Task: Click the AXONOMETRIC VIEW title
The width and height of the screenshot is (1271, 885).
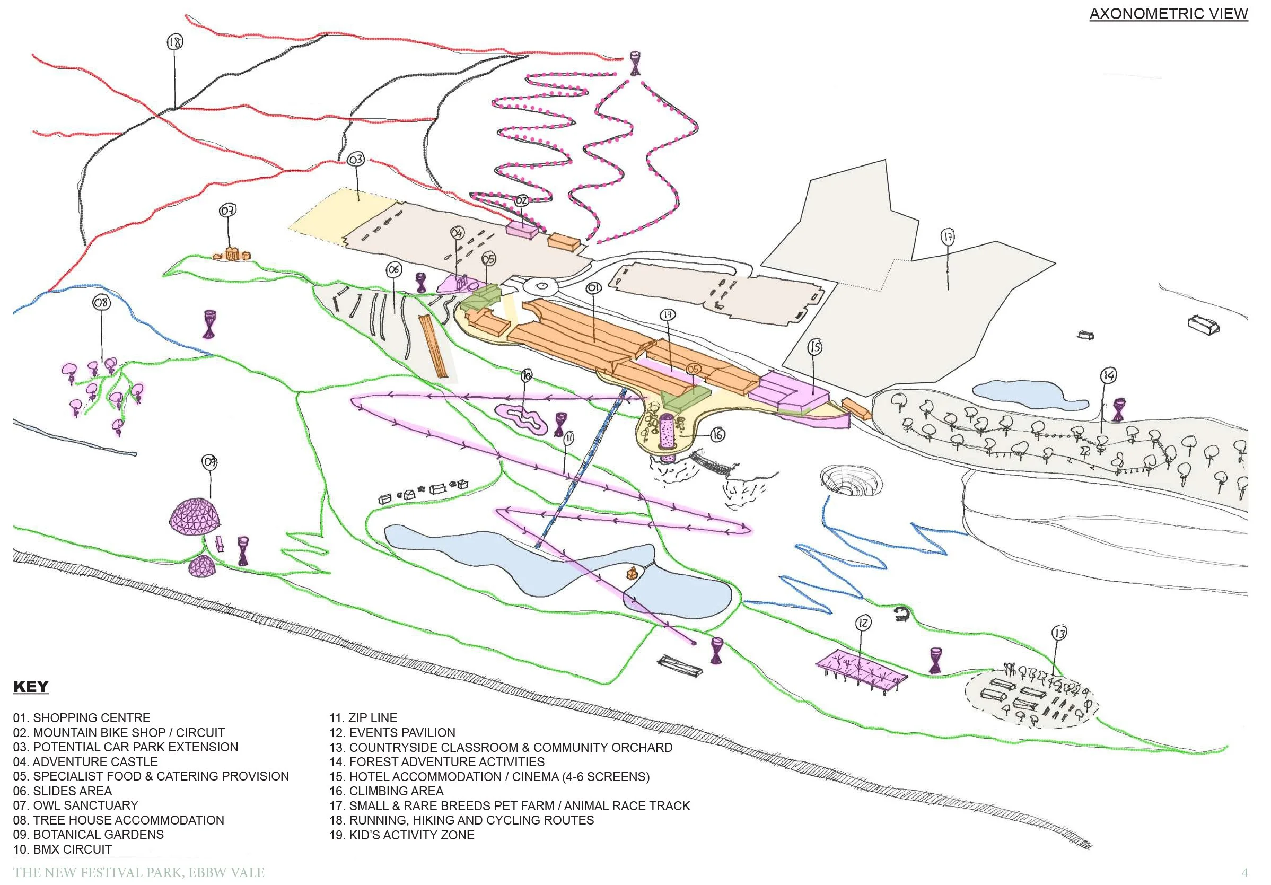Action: (x=1168, y=14)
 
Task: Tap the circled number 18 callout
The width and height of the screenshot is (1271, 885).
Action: (x=175, y=42)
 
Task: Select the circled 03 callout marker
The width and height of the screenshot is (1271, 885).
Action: (x=356, y=160)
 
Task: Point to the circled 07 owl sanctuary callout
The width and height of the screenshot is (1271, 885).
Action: (x=228, y=211)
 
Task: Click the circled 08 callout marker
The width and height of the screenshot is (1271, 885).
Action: (x=101, y=303)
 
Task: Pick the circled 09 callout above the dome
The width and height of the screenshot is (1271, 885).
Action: (x=210, y=462)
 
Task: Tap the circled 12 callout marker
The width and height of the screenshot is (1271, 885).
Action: (x=864, y=623)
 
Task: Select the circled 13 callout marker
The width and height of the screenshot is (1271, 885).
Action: (x=1059, y=633)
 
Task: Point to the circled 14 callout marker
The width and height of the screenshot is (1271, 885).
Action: (x=1108, y=376)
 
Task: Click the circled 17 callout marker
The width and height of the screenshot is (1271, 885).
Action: (x=948, y=238)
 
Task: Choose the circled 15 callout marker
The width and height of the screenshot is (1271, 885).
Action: (x=815, y=347)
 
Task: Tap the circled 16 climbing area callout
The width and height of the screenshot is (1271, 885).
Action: (x=717, y=435)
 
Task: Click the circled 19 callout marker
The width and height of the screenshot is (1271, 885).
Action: (x=668, y=315)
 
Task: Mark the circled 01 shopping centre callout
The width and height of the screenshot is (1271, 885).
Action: (x=593, y=288)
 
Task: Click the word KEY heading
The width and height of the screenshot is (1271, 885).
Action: (x=31, y=687)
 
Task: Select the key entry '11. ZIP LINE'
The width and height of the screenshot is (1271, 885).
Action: (x=363, y=718)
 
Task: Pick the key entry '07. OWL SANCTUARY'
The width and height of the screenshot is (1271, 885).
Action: (x=76, y=805)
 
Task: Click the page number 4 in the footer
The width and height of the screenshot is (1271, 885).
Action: (x=1245, y=873)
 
